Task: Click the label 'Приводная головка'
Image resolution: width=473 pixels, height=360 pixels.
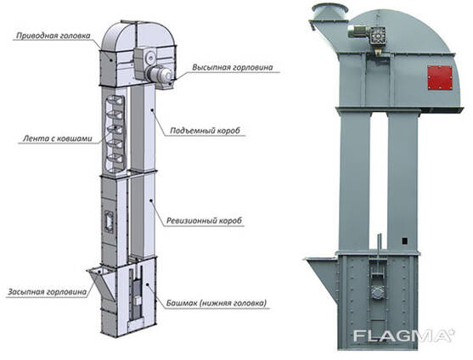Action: click(53, 36)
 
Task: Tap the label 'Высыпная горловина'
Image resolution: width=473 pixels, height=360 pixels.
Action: click(233, 67)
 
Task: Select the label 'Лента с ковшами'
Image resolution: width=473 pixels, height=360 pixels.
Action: click(57, 138)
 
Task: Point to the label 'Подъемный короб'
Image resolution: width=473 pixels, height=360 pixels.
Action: click(206, 131)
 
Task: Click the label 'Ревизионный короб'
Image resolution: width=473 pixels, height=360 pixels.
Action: click(204, 221)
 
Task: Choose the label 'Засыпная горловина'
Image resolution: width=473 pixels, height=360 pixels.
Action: click(47, 292)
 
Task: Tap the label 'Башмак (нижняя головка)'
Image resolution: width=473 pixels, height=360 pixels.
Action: click(217, 303)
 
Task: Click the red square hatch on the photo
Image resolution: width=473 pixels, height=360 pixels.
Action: click(440, 77)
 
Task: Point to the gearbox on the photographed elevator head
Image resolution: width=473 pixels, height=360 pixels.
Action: click(378, 37)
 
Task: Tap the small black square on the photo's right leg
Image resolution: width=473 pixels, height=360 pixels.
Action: click(405, 240)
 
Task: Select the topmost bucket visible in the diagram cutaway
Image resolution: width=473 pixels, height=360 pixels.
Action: click(115, 100)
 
